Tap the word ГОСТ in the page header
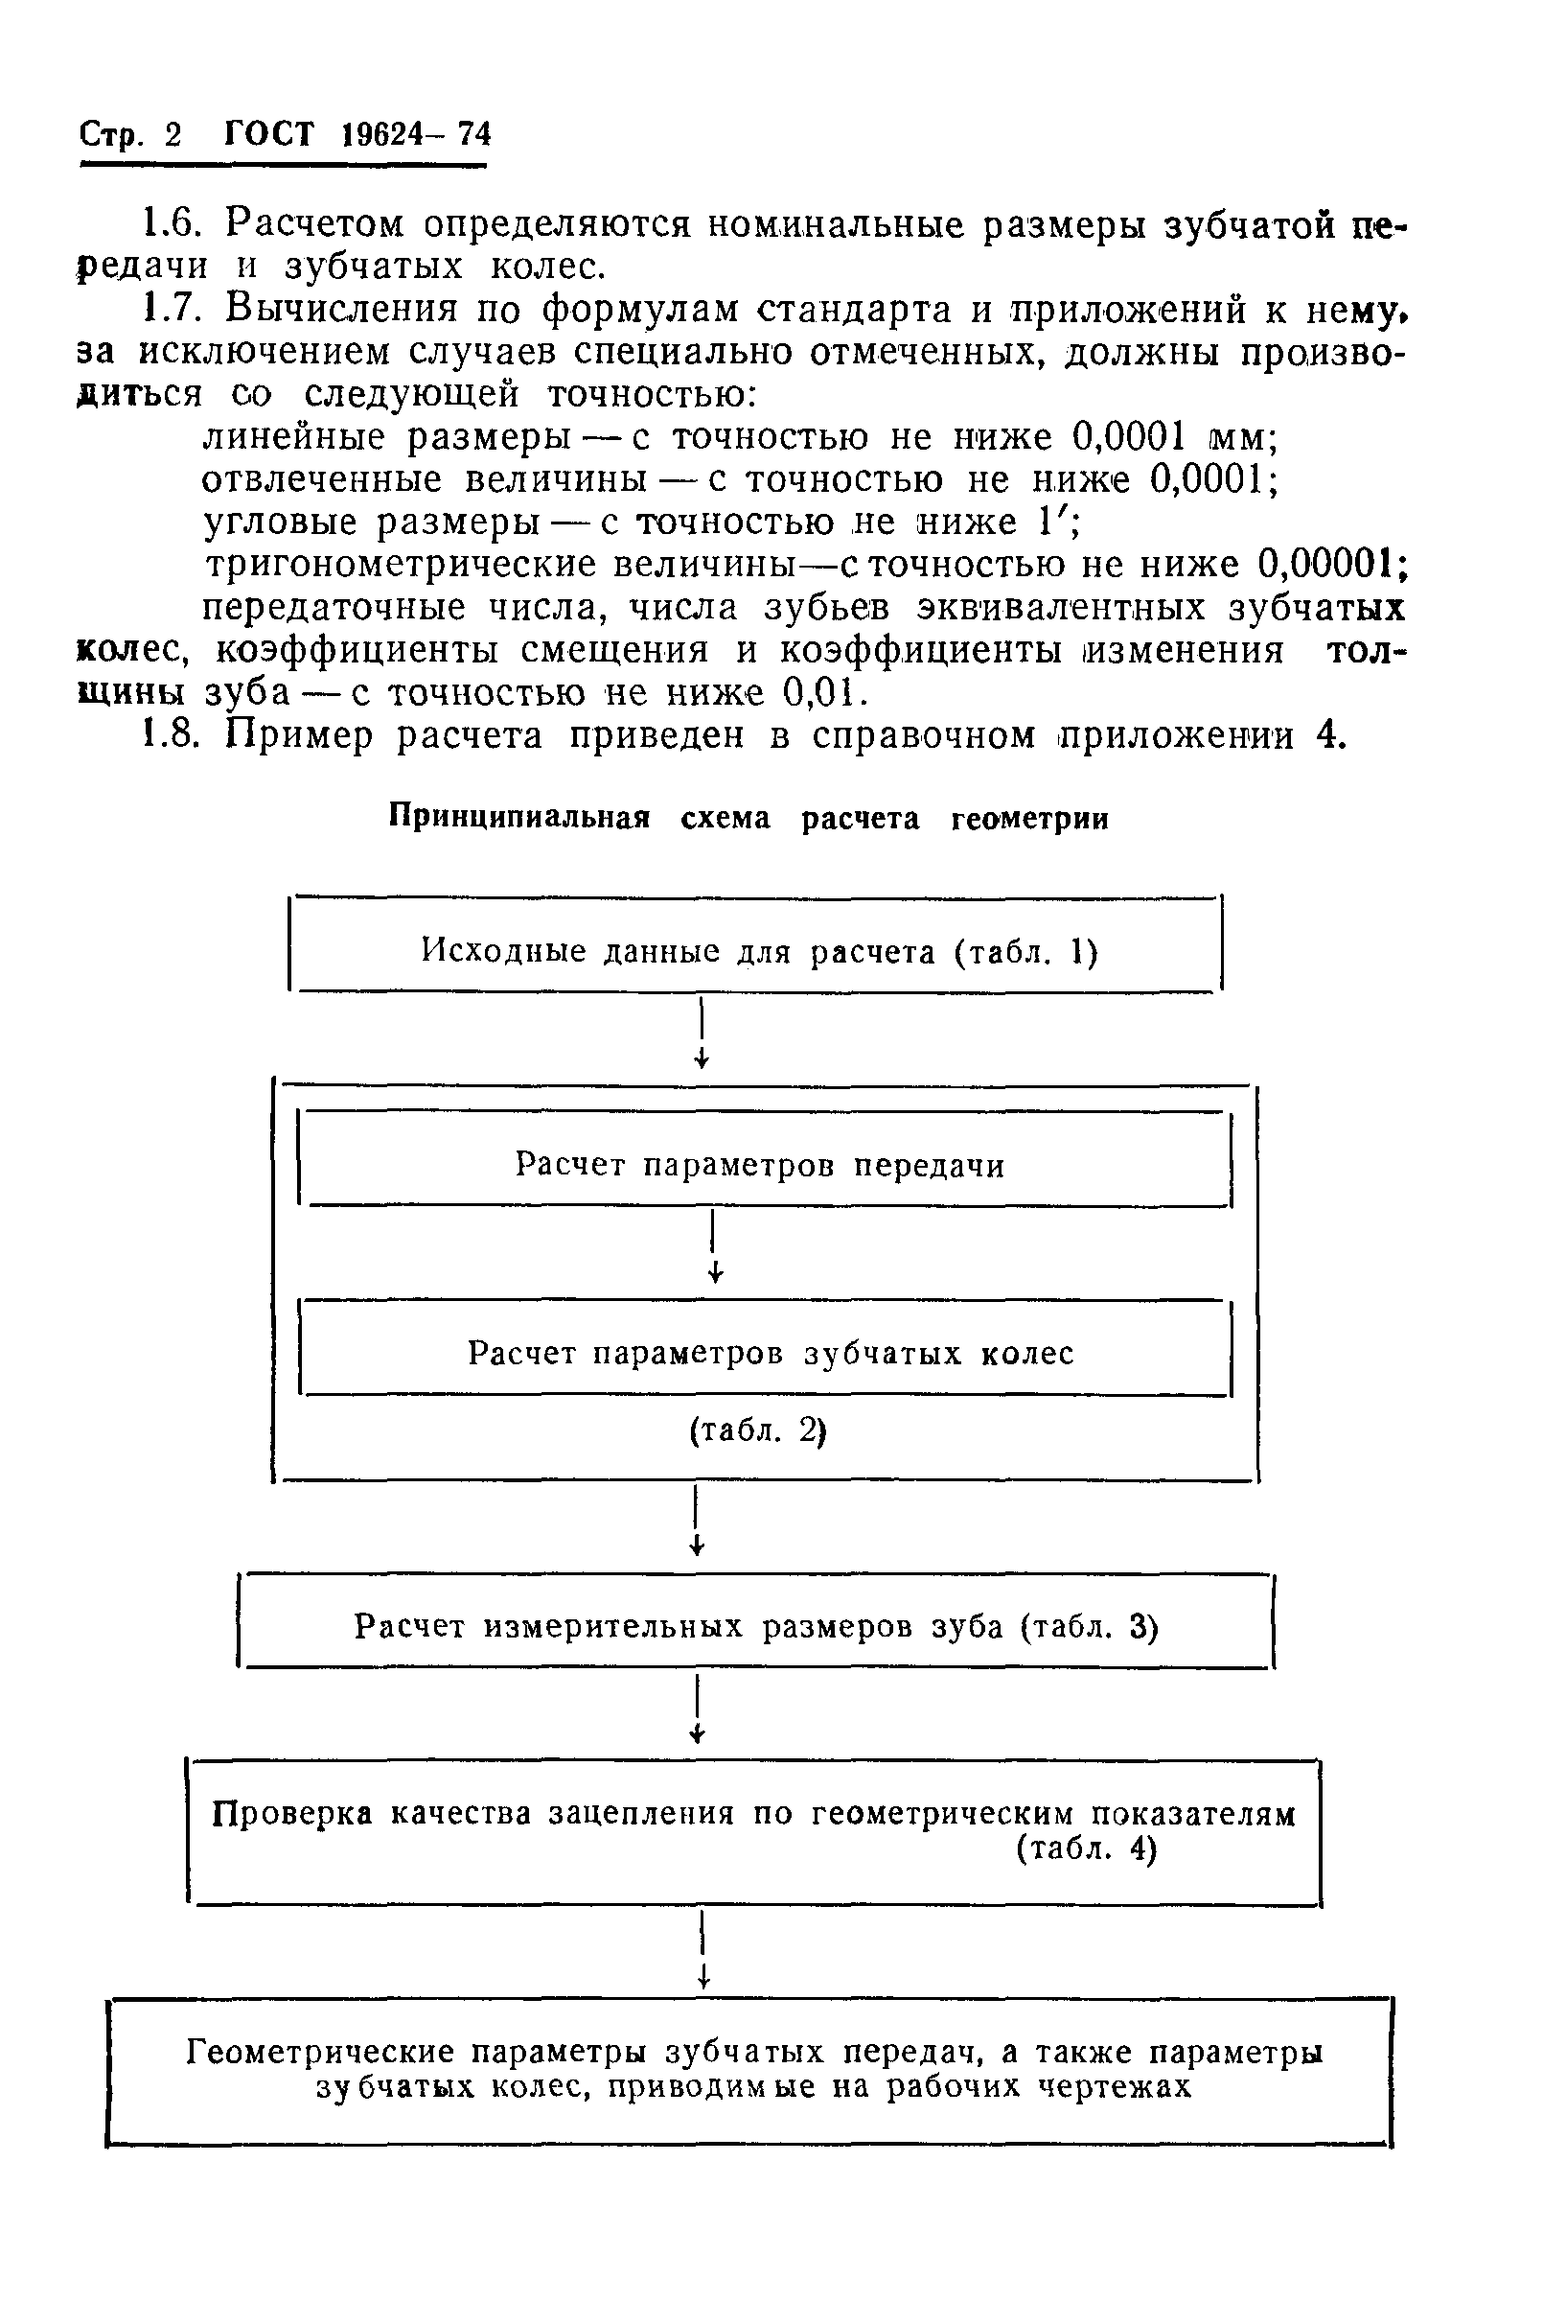tap(268, 134)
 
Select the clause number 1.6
tap(173, 224)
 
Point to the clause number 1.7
tap(173, 309)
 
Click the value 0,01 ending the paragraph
tap(822, 693)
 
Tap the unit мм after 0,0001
tap(1239, 436)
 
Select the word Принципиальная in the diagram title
tap(519, 818)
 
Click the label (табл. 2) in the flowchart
tap(757, 1430)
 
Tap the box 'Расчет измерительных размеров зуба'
tap(756, 1626)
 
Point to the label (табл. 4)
tap(1087, 1849)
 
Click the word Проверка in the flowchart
tap(292, 1813)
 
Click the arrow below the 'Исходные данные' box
tap(702, 1034)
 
